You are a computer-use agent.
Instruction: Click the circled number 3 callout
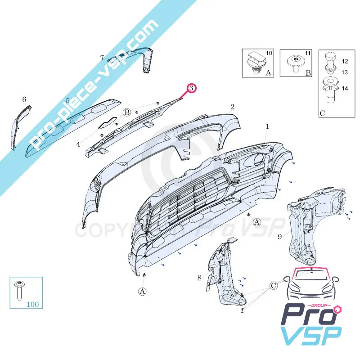pos(191,88)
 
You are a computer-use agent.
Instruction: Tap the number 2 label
pos(232,107)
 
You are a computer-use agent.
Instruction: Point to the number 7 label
pos(102,58)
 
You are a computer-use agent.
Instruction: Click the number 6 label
pos(24,99)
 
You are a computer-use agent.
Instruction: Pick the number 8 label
pos(199,278)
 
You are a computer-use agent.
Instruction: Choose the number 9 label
pos(279,236)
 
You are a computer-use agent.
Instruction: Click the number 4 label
pos(78,144)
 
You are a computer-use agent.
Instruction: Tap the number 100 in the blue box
pos(33,304)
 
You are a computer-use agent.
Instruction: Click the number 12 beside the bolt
pos(345,61)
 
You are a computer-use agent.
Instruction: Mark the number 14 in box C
pos(345,89)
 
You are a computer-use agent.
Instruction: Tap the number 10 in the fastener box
pos(269,54)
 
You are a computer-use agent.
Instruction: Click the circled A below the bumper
pos(143,291)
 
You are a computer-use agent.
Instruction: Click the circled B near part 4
pos(127,112)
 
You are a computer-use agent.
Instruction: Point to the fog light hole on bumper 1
pos(261,159)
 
